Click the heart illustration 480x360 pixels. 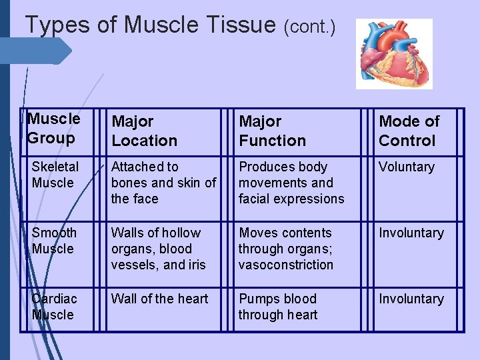(394, 53)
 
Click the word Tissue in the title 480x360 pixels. (237, 25)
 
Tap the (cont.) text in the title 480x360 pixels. (309, 27)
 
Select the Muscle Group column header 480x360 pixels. (54, 129)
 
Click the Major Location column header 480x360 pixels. (144, 131)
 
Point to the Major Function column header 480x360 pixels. (272, 131)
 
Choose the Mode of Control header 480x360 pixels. (409, 131)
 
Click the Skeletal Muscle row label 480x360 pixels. (55, 175)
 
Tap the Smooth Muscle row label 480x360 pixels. (54, 241)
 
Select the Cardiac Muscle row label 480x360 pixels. (54, 307)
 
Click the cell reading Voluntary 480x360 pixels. (407, 167)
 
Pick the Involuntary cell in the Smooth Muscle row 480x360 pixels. (411, 233)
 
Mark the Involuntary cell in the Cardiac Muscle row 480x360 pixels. (411, 299)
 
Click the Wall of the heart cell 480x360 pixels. (159, 299)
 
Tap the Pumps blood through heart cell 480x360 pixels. (278, 307)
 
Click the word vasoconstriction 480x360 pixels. (286, 265)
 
